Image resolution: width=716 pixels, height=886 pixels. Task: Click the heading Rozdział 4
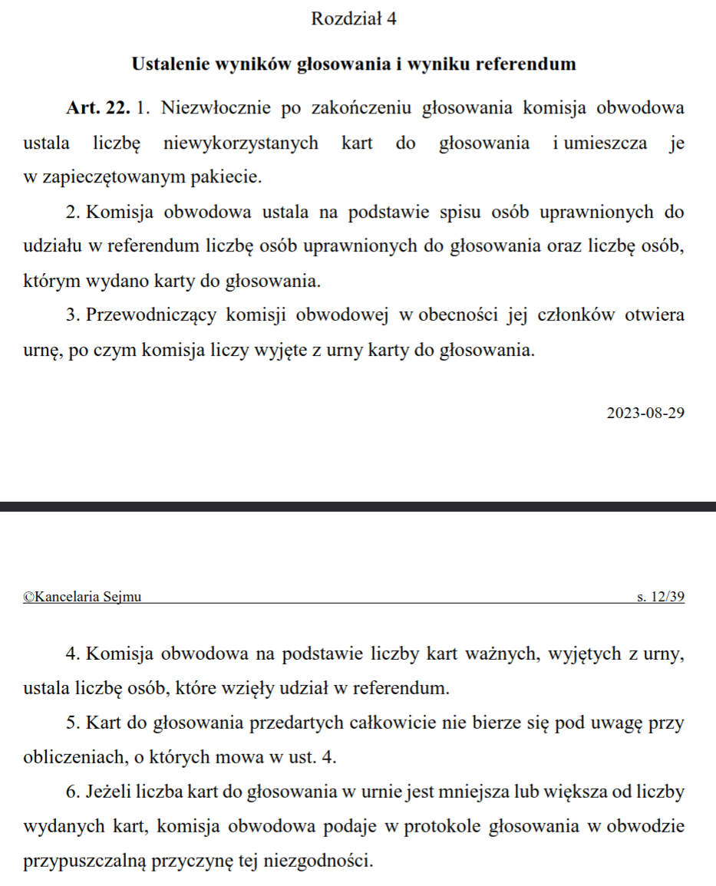coord(354,19)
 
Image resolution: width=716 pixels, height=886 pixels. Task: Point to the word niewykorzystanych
coord(240,143)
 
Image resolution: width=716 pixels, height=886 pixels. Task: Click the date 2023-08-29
coord(645,413)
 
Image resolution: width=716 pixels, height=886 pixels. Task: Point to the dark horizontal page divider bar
coord(358,506)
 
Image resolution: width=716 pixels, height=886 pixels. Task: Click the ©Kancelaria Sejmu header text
coord(82,597)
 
